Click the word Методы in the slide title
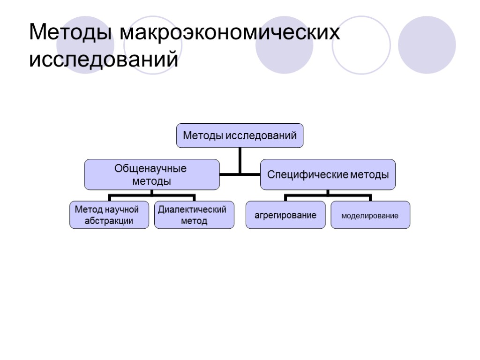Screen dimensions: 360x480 coord(70,34)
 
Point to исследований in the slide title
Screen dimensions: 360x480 coord(104,60)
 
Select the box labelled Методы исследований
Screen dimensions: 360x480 coord(240,136)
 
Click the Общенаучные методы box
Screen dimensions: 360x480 coord(151,174)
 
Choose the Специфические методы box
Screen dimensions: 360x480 coord(328,174)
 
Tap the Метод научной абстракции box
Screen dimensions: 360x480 coord(109,215)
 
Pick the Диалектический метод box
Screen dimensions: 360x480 coord(194,215)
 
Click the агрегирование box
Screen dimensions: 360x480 coord(285,215)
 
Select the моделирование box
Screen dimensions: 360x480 coord(370,215)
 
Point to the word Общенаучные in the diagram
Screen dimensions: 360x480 coord(151,169)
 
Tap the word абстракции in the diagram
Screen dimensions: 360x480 coord(109,221)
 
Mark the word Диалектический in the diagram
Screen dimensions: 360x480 coord(192,210)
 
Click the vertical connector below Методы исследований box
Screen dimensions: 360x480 coord(240,159)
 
